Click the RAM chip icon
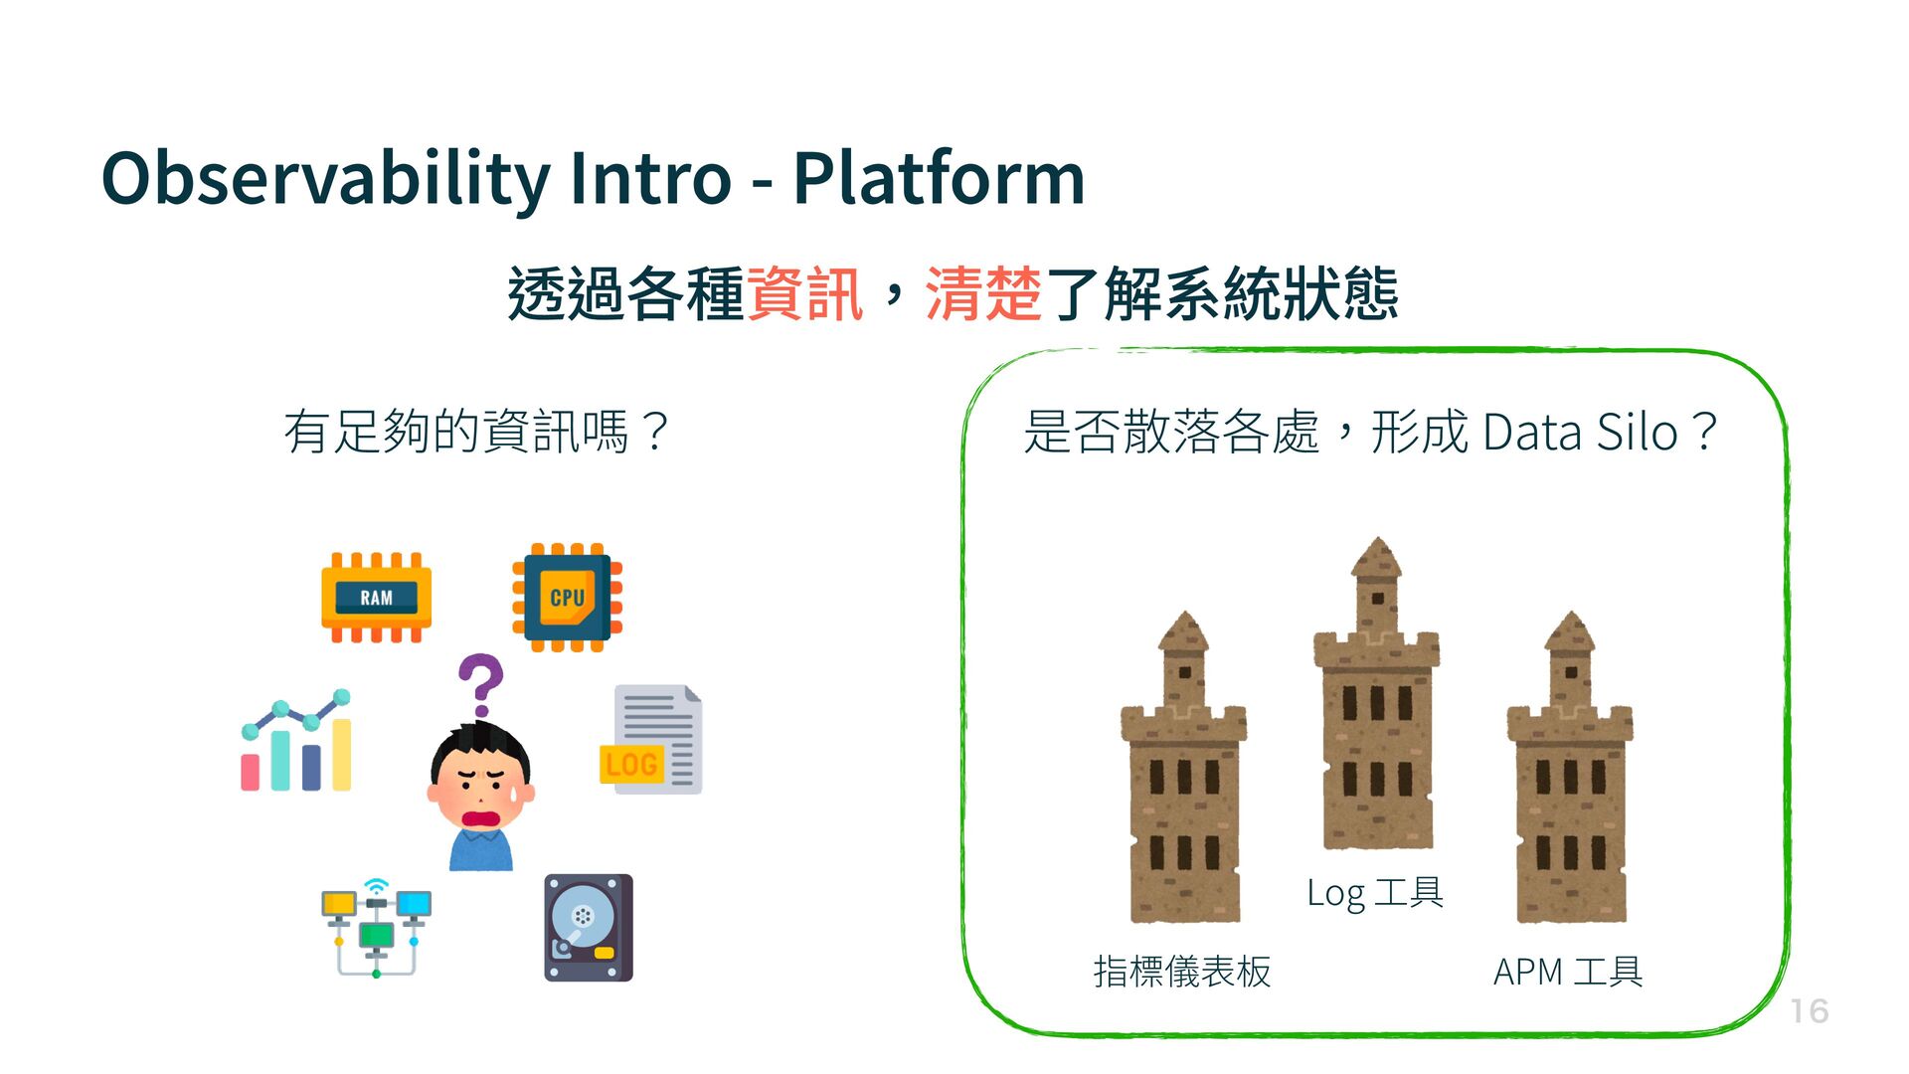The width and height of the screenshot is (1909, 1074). (376, 598)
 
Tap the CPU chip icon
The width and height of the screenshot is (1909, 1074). (567, 598)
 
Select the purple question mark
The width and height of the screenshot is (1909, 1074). (481, 684)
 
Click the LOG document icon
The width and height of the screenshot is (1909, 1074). (651, 740)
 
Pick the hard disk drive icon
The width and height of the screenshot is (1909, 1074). (589, 928)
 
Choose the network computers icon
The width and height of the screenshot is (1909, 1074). (376, 928)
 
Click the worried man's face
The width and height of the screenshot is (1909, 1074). (481, 786)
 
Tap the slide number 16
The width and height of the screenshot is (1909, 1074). (1810, 1011)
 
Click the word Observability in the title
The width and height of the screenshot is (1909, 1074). (325, 179)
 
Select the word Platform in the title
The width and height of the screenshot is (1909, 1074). (938, 179)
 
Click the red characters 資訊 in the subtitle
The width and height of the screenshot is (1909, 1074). (804, 294)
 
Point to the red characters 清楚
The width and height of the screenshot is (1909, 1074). (983, 294)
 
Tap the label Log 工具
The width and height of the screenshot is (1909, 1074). (1375, 893)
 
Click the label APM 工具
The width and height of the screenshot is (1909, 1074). (1568, 972)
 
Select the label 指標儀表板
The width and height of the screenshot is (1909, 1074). (1182, 972)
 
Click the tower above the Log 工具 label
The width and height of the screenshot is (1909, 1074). (1377, 696)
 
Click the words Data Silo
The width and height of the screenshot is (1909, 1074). (1581, 433)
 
